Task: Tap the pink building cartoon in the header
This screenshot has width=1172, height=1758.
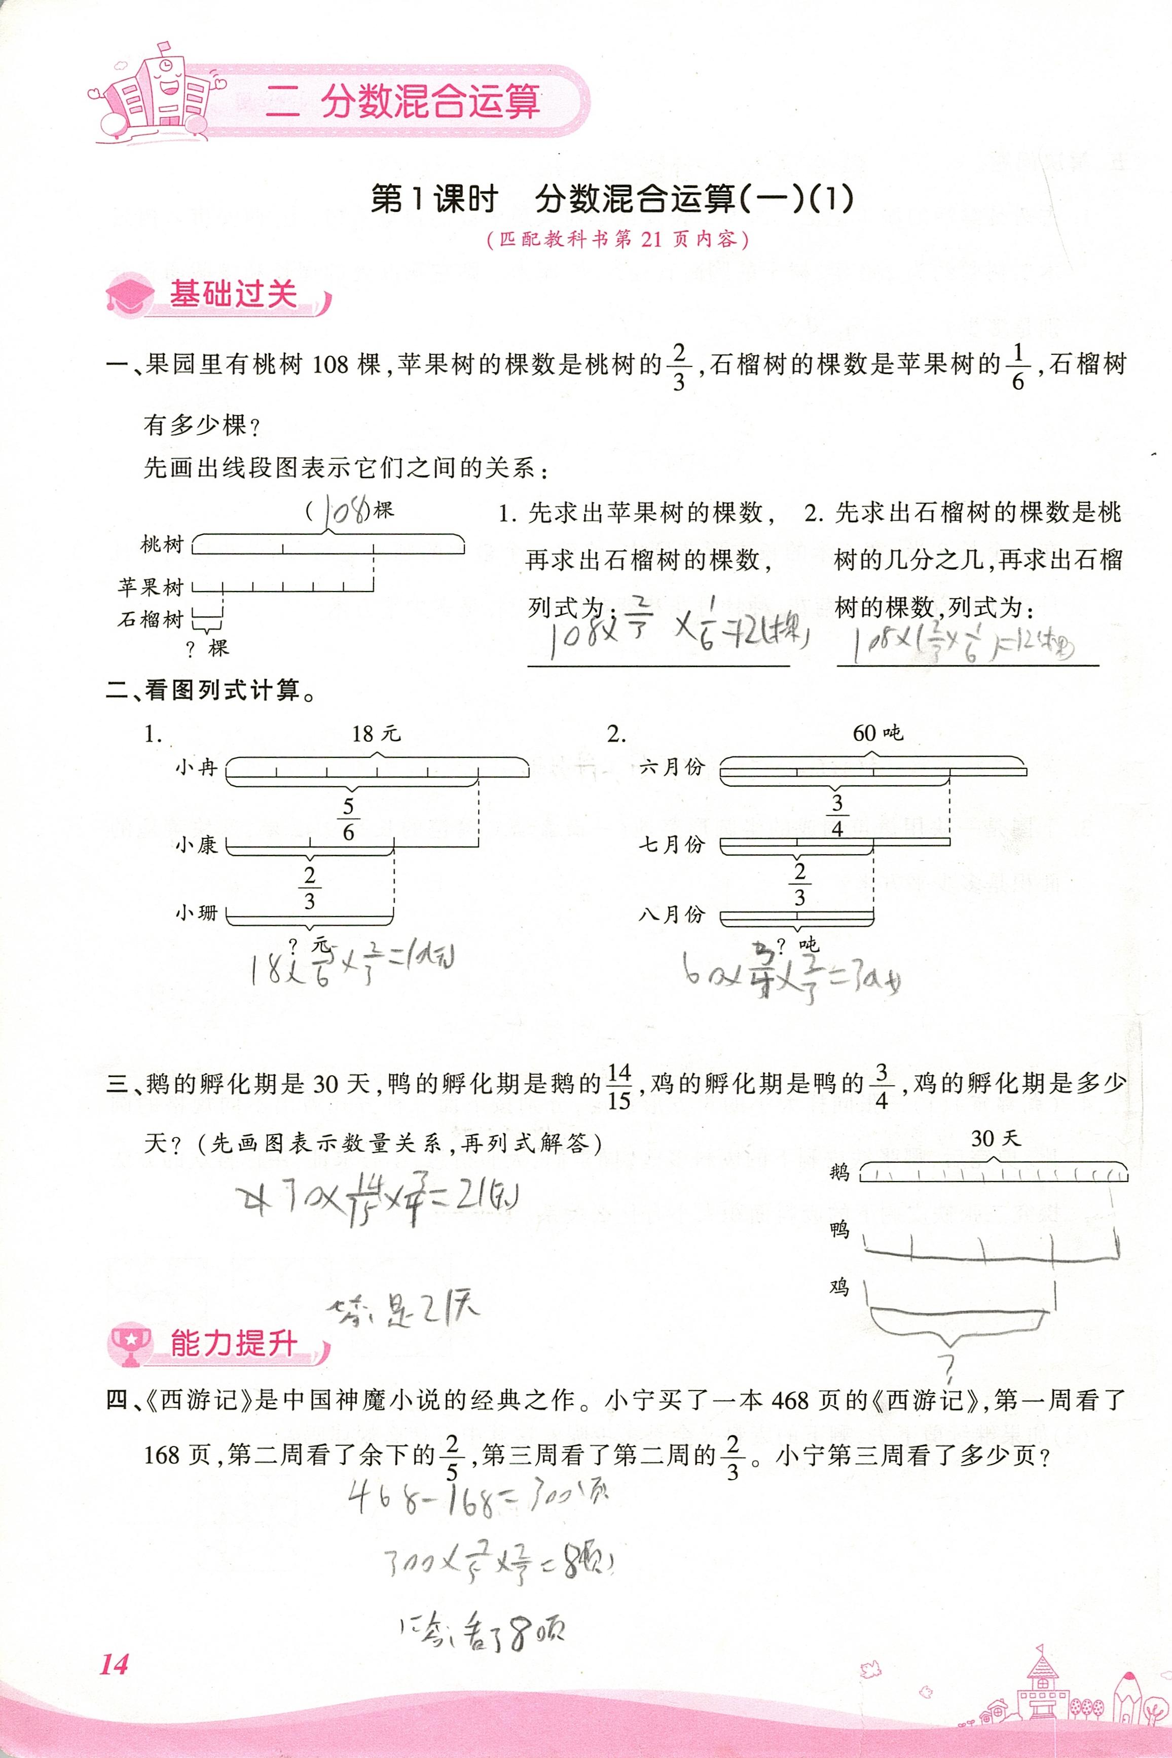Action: coord(161,93)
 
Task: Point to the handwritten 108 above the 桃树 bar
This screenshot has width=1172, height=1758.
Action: coord(345,511)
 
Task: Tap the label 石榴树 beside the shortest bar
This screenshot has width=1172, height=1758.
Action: coord(150,619)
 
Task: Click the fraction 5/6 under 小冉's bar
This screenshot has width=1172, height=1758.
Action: coord(348,819)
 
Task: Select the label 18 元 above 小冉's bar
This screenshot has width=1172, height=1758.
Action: coord(376,733)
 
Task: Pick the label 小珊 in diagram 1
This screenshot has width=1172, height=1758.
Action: coord(196,912)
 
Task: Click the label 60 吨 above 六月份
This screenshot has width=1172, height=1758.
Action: coord(877,732)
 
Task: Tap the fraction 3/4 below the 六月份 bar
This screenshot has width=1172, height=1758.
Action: coord(837,816)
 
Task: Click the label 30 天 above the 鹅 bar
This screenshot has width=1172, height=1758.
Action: coord(995,1139)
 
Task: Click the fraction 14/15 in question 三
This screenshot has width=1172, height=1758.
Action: coord(619,1087)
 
